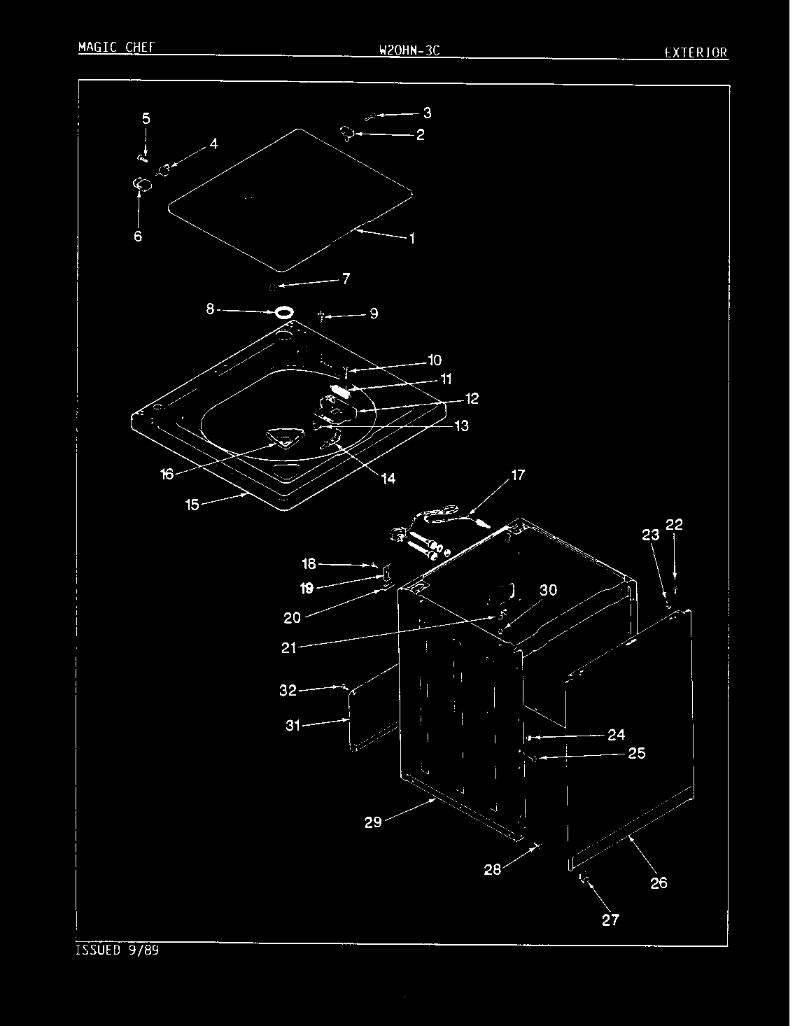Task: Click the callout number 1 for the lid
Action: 412,239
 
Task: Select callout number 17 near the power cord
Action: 518,475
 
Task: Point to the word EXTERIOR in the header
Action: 696,52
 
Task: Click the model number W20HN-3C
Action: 409,50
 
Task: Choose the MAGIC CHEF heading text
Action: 117,47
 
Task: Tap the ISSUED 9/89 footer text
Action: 117,950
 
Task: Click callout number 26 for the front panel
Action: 659,883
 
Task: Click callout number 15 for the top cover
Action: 192,505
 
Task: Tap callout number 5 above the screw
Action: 146,118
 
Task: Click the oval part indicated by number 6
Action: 142,184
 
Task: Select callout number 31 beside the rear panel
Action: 293,725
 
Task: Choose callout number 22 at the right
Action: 674,525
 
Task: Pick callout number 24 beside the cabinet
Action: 616,735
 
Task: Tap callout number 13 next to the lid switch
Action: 461,426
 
